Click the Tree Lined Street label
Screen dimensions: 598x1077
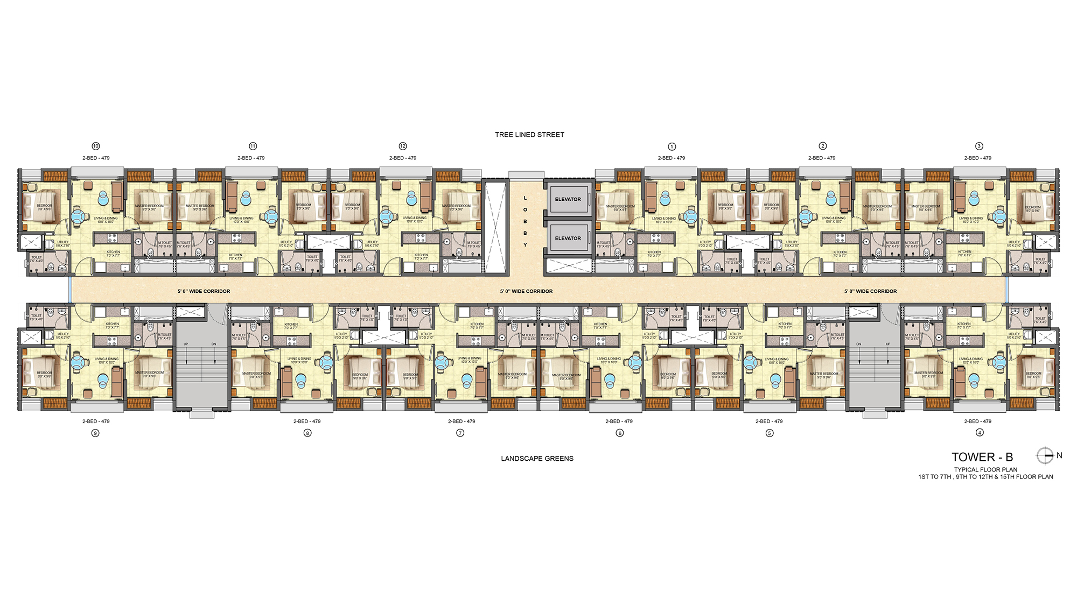(529, 135)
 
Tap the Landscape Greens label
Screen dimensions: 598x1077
(537, 459)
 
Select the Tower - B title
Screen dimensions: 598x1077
(982, 457)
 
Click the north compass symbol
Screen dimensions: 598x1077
(1045, 456)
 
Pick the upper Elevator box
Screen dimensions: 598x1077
(568, 199)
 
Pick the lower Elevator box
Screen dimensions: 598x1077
(568, 238)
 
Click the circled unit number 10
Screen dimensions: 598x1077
(96, 146)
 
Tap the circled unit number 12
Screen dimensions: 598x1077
(403, 146)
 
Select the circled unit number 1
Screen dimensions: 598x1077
(672, 146)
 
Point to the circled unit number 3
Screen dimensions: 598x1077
(979, 146)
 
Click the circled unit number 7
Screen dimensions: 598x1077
(460, 433)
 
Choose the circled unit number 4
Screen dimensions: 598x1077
(980, 433)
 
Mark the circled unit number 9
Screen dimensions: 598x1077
(95, 433)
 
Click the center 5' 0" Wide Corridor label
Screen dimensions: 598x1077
(526, 291)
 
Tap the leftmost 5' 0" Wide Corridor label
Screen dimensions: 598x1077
(204, 291)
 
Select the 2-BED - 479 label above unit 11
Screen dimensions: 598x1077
(251, 158)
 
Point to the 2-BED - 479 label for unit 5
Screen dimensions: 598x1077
(769, 421)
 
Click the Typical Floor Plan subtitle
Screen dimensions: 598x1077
(985, 469)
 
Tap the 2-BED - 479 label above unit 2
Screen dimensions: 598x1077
(822, 158)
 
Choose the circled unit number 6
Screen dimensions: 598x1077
(620, 433)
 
